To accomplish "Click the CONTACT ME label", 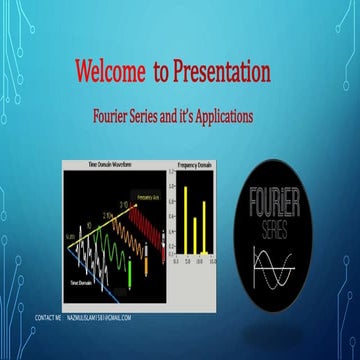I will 48,317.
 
